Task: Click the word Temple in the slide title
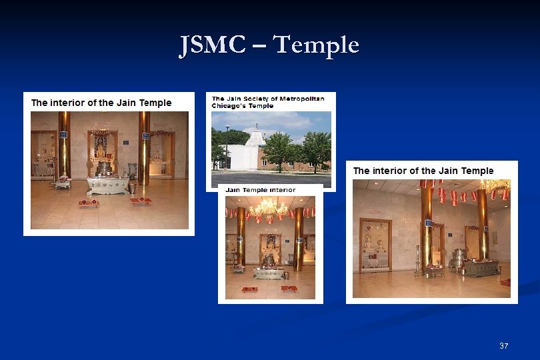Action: pos(316,45)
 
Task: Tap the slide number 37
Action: pos(503,346)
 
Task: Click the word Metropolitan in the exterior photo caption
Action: pos(301,99)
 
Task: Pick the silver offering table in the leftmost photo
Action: pos(107,185)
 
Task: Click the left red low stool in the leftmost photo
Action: pos(87,203)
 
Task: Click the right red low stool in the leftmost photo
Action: pos(141,200)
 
